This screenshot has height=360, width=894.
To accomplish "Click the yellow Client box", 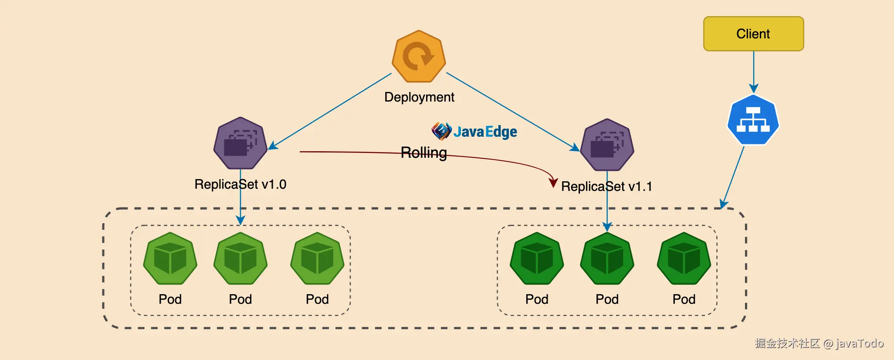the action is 753,34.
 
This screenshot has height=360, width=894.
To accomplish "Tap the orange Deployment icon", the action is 419,56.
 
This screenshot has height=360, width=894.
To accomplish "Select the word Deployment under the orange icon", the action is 419,97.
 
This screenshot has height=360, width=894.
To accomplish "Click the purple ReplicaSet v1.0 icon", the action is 240,143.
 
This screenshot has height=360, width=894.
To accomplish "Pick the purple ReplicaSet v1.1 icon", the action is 607,145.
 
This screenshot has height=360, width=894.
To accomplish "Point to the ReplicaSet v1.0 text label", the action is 240,184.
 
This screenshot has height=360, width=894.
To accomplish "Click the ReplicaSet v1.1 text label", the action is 606,186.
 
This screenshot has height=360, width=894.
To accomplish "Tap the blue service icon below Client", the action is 753,120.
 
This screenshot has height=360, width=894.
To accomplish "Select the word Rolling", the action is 423,153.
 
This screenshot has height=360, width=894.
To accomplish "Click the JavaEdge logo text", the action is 485,131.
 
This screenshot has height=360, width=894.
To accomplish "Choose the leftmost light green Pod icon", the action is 170,258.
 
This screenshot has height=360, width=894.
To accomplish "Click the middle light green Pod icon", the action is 240,258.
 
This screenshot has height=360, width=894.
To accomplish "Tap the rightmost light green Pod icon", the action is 317,258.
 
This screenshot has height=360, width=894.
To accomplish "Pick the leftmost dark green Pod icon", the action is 537,258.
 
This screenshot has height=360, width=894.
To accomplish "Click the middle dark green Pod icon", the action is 607,258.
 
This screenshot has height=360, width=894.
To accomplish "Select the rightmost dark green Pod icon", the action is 684,258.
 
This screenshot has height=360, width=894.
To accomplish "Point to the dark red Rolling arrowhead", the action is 553,182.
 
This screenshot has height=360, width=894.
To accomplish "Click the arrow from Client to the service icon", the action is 754,72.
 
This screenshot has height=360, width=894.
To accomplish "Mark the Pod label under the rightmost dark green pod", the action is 684,299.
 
